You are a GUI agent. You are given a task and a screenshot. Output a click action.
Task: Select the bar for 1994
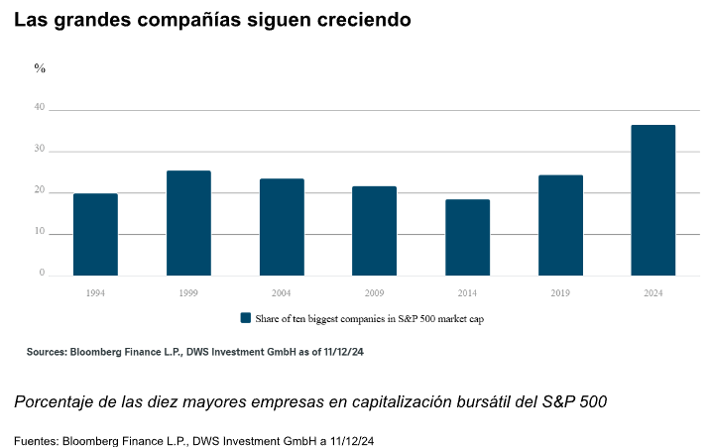pyautogui.click(x=95, y=235)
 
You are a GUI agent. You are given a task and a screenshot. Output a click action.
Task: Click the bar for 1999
pyautogui.click(x=188, y=223)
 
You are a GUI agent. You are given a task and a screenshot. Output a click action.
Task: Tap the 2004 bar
pyautogui.click(x=282, y=227)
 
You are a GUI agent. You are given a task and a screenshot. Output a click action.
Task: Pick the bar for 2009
pyautogui.click(x=374, y=231)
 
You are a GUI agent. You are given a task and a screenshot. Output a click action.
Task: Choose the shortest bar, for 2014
pyautogui.click(x=467, y=238)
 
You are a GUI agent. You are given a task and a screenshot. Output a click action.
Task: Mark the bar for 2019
pyautogui.click(x=560, y=225)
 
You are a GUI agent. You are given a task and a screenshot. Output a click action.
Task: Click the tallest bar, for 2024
pyautogui.click(x=653, y=200)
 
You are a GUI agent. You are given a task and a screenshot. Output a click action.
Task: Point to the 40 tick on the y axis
pyautogui.click(x=40, y=107)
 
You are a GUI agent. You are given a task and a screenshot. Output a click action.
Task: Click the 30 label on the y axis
pyautogui.click(x=40, y=149)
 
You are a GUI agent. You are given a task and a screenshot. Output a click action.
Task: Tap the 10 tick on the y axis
pyautogui.click(x=40, y=231)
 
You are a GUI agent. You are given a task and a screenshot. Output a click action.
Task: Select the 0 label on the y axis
pyautogui.click(x=42, y=273)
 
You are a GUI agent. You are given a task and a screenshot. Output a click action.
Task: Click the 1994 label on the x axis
pyautogui.click(x=95, y=294)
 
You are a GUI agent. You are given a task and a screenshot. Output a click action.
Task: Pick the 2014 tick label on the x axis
pyautogui.click(x=467, y=294)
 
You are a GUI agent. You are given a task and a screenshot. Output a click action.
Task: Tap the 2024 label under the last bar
pyautogui.click(x=653, y=294)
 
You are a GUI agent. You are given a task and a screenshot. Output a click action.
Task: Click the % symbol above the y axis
pyautogui.click(x=40, y=68)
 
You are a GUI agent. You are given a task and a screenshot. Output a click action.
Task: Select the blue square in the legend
pyautogui.click(x=246, y=318)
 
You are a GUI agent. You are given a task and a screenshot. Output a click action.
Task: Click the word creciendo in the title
pyautogui.click(x=361, y=20)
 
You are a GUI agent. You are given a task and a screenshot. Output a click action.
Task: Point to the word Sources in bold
pyautogui.click(x=46, y=352)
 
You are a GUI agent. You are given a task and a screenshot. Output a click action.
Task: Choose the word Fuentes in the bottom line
pyautogui.click(x=36, y=439)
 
